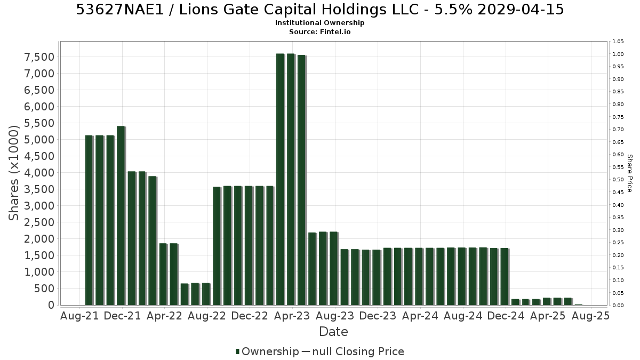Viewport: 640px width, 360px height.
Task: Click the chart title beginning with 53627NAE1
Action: [319, 10]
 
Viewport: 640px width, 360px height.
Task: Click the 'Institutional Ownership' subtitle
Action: [319, 23]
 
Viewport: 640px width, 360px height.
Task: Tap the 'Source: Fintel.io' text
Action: [319, 31]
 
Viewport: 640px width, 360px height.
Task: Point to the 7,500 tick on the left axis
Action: [39, 57]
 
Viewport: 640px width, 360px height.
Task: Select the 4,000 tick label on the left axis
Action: [39, 173]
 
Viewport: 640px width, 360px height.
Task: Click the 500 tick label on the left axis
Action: [44, 289]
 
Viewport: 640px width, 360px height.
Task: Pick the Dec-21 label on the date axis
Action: [122, 316]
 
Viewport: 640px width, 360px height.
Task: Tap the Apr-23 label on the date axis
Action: [292, 316]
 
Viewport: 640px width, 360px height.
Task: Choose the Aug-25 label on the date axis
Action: [590, 316]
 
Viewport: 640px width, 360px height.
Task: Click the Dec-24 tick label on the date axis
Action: [506, 316]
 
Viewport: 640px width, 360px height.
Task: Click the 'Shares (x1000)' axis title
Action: [14, 173]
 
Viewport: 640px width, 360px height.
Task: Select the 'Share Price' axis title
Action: [629, 173]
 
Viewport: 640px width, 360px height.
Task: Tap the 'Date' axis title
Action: [333, 332]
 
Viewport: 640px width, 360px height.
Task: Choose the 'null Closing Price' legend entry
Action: [358, 351]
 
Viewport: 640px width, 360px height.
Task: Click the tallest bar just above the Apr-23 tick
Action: [291, 179]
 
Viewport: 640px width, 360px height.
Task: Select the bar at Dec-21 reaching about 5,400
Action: [121, 215]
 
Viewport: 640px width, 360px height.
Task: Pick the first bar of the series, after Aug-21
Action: [89, 220]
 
